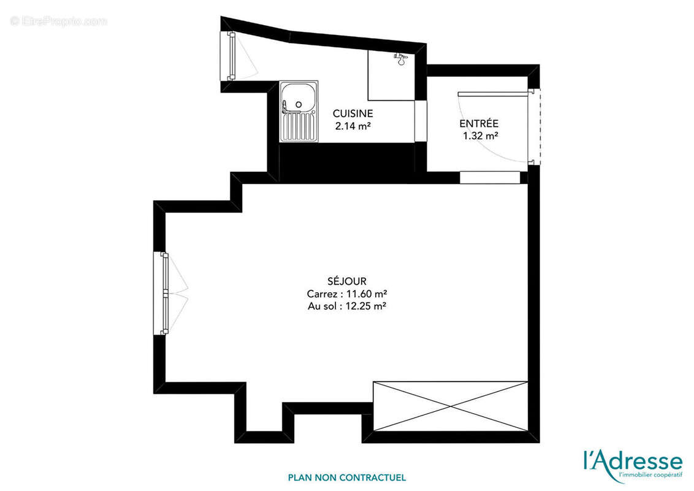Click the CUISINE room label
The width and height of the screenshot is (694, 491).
[x=353, y=114]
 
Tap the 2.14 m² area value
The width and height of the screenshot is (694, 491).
[x=353, y=126]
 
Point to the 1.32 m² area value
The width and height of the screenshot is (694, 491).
[x=480, y=136]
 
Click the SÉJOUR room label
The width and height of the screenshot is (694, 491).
[x=347, y=281]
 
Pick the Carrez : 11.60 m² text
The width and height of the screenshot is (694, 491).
[x=347, y=293]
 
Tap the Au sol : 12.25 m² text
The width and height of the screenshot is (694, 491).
[x=347, y=306]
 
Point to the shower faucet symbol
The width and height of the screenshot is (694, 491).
[x=400, y=59]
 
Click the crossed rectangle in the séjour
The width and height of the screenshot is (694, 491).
[x=451, y=406]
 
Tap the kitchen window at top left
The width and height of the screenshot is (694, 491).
[x=232, y=56]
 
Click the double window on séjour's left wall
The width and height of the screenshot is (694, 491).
[x=164, y=293]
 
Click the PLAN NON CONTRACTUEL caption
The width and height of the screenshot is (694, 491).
[x=347, y=477]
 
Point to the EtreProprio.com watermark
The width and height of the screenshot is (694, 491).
[x=58, y=21]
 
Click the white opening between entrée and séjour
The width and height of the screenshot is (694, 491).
[x=490, y=177]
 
